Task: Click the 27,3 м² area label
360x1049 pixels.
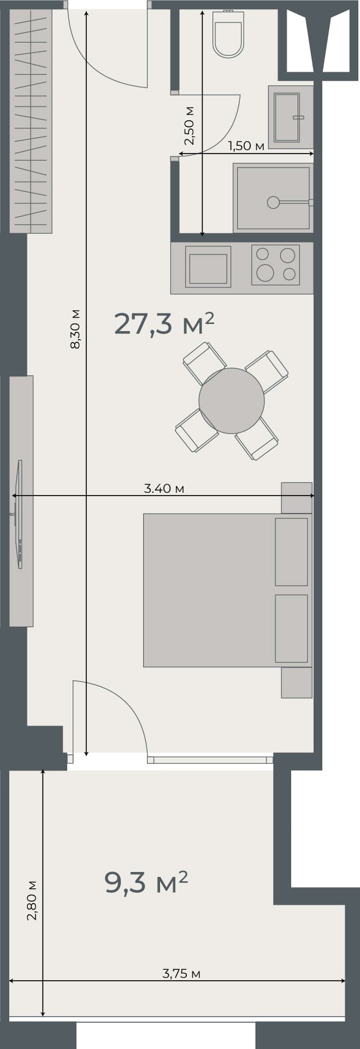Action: point(163,323)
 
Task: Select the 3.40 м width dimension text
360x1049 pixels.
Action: point(164,488)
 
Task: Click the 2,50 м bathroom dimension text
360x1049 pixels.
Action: point(189,126)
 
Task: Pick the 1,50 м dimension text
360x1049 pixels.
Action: point(246,146)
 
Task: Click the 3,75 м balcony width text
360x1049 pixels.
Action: point(181,973)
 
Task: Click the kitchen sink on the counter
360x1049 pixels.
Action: point(208,268)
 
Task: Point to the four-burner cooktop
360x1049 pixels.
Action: point(276,264)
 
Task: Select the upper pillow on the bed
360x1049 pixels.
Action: point(291,552)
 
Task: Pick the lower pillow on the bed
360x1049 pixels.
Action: point(291,628)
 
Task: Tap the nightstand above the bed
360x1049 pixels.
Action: point(297,498)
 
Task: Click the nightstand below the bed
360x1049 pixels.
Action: point(297,682)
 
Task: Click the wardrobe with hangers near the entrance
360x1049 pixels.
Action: point(31,120)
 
